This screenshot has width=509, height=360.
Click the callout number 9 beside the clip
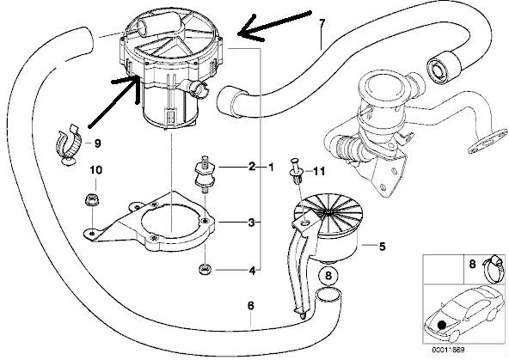coord(97,143)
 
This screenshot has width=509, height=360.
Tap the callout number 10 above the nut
coord(96,170)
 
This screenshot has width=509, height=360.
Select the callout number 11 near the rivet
coord(318,171)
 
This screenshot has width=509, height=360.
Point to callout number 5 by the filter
coord(382,247)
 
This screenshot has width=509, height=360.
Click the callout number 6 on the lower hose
coord(250,306)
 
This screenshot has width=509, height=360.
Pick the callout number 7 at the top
coord(322,23)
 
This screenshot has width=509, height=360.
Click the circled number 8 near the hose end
coord(328,276)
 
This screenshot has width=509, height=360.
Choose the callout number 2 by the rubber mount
coord(252,167)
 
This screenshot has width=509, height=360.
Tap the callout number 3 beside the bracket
coord(252,223)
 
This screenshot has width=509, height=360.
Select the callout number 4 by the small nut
coord(252,270)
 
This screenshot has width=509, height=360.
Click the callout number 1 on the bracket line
coord(270,167)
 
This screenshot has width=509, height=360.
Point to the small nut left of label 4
coord(204,269)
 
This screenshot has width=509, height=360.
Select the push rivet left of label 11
coord(296,171)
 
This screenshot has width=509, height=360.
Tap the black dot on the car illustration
coord(441,324)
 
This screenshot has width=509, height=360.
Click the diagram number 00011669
coord(448,350)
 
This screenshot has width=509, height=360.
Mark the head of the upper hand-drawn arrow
coord(239,34)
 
